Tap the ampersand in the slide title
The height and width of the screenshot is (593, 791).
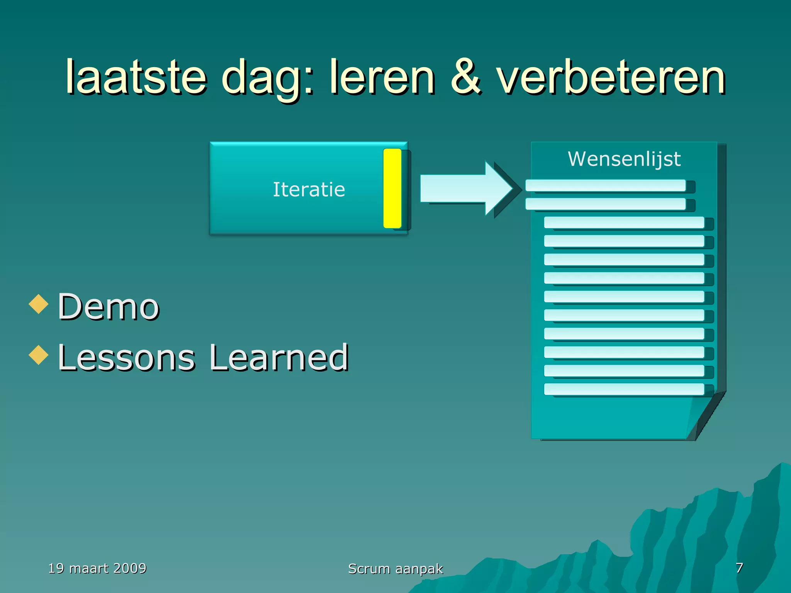(466, 77)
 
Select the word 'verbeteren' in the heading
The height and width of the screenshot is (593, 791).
(611, 77)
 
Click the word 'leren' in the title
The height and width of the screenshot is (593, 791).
(382, 77)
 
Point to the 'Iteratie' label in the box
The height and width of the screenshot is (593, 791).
(309, 190)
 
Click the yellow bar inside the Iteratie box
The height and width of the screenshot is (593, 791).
(392, 188)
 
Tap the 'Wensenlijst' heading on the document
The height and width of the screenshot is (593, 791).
(624, 159)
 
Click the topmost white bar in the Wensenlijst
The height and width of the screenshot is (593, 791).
(605, 185)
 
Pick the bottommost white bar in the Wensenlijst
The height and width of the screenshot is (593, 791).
(624, 389)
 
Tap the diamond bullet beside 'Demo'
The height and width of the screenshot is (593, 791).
(39, 304)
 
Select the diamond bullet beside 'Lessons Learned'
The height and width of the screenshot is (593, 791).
(39, 355)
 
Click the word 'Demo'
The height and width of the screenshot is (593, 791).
(109, 307)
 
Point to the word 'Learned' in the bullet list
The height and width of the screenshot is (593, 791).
(279, 357)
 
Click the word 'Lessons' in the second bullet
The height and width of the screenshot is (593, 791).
(126, 357)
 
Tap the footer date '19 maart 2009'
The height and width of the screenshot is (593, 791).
(97, 568)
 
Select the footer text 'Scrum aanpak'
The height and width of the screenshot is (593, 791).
(395, 569)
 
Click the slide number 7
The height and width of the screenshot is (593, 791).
(739, 568)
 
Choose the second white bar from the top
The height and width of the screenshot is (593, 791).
(605, 204)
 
